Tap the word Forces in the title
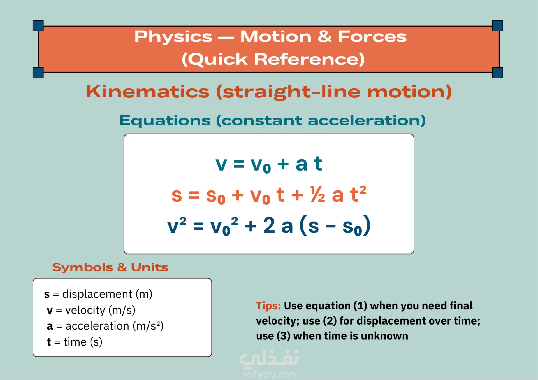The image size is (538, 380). coord(372,37)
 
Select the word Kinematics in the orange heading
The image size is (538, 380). coord(148,92)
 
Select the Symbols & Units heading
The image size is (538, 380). coord(110,267)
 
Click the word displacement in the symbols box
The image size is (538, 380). coord(97,294)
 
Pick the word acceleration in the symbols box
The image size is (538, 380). coord(97,326)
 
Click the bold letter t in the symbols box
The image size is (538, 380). coord(49,342)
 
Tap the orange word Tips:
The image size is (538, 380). coord(268,306)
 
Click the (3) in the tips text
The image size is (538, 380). coord(283,336)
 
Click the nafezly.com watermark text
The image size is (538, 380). coord(269,374)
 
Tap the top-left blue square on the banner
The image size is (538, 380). coord(38,26)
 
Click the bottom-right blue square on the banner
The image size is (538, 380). coord(498,73)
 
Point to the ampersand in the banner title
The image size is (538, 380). coord(324,37)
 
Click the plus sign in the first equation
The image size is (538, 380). coord(283,164)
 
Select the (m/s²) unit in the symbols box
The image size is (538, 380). coord(148,326)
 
